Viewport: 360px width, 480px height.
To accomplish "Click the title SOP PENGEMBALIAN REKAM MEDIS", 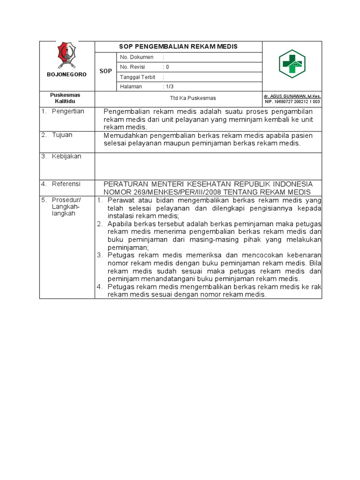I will point(179,46).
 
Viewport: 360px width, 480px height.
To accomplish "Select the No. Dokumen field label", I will point(137,57).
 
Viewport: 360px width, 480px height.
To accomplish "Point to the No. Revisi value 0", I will point(167,67).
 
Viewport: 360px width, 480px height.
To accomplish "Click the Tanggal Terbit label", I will point(138,77).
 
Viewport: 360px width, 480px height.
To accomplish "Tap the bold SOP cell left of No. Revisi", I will point(105,71).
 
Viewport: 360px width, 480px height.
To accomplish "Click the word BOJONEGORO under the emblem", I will point(67,75).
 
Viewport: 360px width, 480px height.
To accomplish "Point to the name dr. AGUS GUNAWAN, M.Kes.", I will point(292,96).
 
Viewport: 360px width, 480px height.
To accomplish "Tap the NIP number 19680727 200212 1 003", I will point(292,101).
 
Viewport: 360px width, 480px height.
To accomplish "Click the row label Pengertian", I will point(68,112).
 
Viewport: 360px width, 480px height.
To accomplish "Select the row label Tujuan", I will point(63,135).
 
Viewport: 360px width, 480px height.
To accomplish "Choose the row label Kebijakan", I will point(67,157).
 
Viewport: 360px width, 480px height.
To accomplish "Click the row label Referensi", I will point(66,184).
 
